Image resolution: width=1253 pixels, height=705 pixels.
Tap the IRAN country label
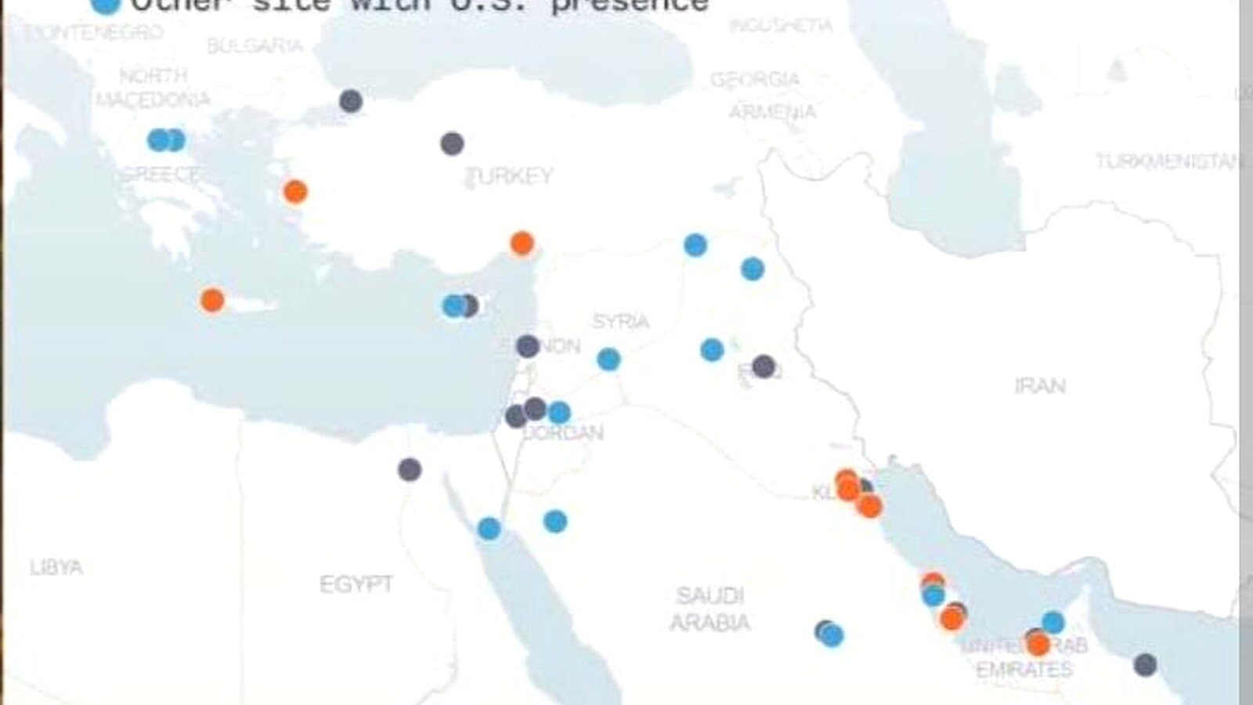[x=1039, y=385]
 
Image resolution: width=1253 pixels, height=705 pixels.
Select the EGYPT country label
[x=356, y=584]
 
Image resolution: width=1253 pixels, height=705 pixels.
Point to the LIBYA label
[x=56, y=567]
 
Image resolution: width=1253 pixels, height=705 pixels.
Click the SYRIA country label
[x=620, y=321]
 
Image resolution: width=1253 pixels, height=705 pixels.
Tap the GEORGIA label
[x=755, y=80]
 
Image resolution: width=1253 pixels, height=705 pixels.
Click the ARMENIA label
[x=772, y=112]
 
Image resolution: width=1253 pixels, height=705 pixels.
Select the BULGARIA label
[x=255, y=45]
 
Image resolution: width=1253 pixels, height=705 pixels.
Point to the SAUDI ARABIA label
[x=710, y=609]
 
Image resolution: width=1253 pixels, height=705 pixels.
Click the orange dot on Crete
[x=212, y=300]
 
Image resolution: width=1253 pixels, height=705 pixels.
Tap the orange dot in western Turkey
[x=295, y=192]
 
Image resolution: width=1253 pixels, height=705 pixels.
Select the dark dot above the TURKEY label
[x=452, y=143]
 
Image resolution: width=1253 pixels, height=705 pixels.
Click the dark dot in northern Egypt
[x=410, y=470]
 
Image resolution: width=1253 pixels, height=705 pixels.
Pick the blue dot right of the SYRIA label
[x=712, y=349]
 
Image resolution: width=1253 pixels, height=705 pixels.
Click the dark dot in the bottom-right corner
[x=1145, y=665]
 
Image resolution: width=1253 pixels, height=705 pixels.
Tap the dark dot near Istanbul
[x=351, y=100]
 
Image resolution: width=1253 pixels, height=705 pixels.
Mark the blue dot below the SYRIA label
[x=608, y=360]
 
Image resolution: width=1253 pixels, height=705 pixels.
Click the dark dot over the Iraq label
[x=764, y=366]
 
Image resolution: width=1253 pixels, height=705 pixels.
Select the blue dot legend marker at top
[x=106, y=5]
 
